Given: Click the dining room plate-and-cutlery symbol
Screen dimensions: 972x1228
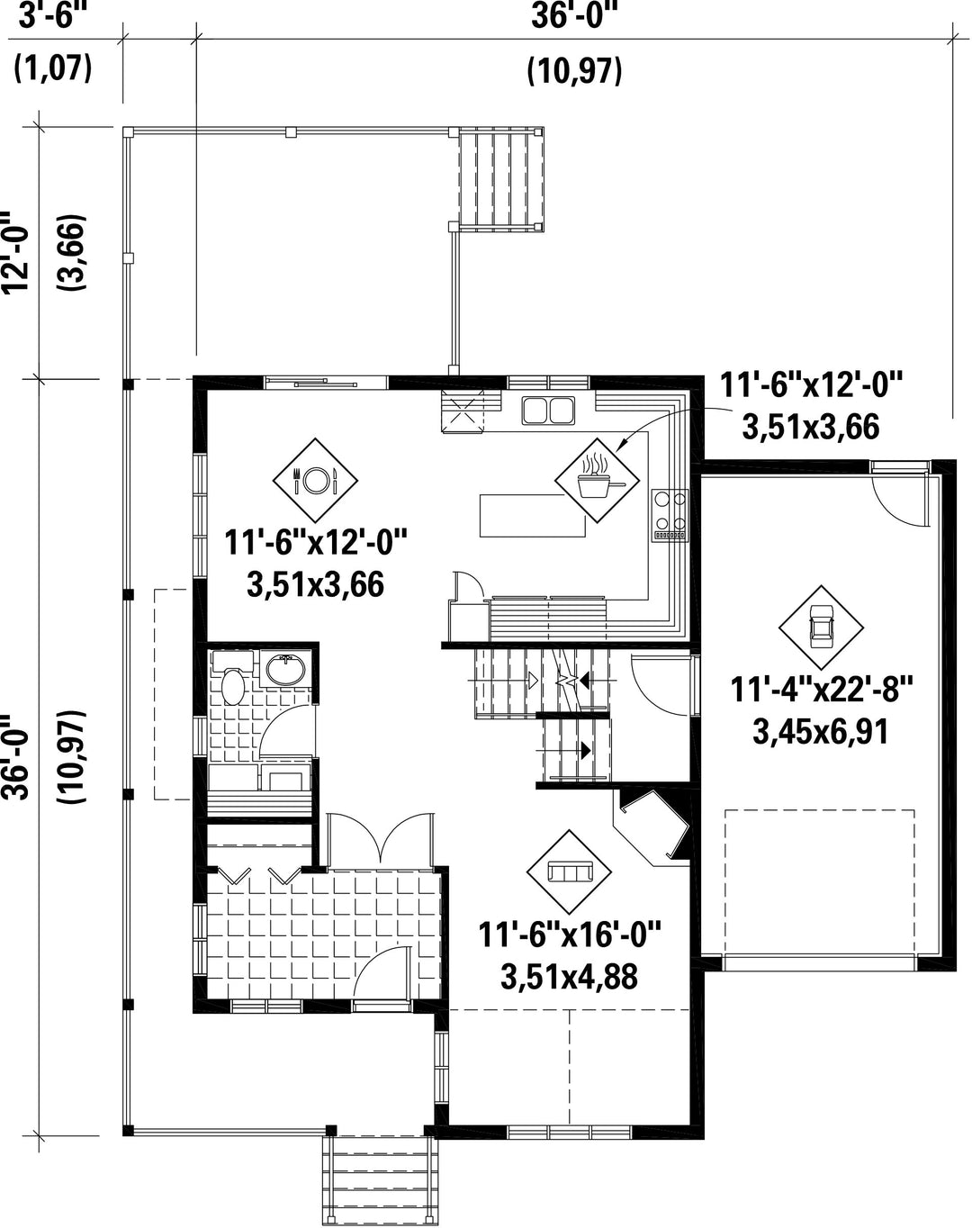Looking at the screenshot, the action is pyautogui.click(x=315, y=480).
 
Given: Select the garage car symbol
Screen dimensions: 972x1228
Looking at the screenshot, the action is pyautogui.click(x=821, y=628).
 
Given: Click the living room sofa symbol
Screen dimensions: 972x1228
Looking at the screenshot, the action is pyautogui.click(x=569, y=871).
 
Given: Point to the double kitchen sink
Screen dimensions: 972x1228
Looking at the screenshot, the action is pyautogui.click(x=548, y=411).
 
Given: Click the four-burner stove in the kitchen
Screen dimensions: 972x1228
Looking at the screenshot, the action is pyautogui.click(x=670, y=515).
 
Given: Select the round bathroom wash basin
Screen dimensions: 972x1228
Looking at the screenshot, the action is pyautogui.click(x=286, y=669).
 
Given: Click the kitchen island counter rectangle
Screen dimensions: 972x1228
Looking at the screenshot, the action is pyautogui.click(x=532, y=515).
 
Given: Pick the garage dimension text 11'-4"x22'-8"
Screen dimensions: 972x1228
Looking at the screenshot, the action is pyautogui.click(x=822, y=690).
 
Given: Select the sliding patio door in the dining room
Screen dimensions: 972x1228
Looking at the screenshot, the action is pyautogui.click(x=326, y=383).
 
